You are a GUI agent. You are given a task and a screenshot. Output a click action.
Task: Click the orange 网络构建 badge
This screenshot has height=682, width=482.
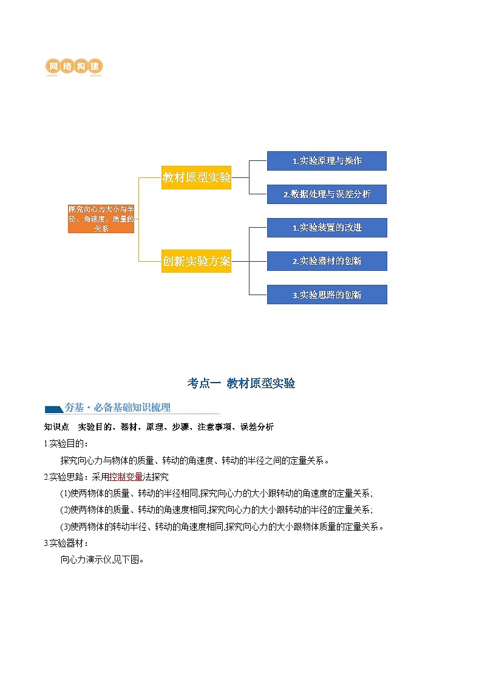[x=73, y=66]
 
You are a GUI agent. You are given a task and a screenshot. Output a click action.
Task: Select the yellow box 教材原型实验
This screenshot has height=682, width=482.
[x=196, y=177]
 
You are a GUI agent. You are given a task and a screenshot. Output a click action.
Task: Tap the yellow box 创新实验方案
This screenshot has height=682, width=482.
[x=196, y=261]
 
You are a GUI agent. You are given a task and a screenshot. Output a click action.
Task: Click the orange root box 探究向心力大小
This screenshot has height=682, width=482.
[x=101, y=219]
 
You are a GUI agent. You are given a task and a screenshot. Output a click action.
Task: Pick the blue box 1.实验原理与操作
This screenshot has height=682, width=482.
[x=327, y=161]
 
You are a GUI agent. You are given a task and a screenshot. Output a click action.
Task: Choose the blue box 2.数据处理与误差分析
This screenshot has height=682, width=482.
[x=327, y=194]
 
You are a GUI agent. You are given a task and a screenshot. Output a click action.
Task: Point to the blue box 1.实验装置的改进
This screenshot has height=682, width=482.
[x=327, y=228]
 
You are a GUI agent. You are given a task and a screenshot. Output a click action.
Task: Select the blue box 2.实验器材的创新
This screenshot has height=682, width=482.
[x=327, y=261]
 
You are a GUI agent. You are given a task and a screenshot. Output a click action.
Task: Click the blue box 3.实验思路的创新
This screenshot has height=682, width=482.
[x=327, y=295]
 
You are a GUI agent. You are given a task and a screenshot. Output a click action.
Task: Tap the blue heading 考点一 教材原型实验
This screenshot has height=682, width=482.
[x=241, y=383]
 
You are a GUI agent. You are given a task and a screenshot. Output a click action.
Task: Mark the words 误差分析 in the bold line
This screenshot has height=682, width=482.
[x=257, y=427]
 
